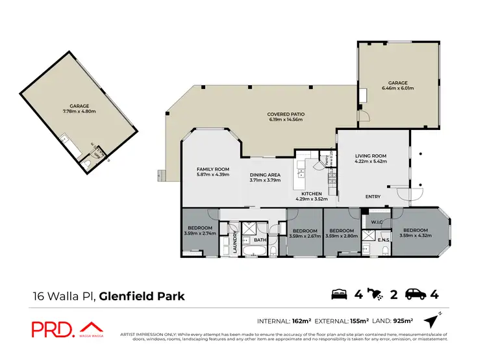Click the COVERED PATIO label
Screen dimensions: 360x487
click(x=286, y=114)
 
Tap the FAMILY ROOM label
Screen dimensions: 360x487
click(x=214, y=169)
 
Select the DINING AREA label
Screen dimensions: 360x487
click(x=265, y=174)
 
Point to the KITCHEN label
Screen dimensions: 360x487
click(x=312, y=194)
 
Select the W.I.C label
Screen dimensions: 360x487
click(x=377, y=222)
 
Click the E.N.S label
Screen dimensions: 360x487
click(x=383, y=239)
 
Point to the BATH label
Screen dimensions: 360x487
click(x=260, y=240)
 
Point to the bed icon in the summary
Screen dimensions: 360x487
click(x=339, y=295)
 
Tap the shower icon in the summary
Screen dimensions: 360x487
click(x=375, y=295)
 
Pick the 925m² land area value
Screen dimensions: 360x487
click(x=402, y=320)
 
